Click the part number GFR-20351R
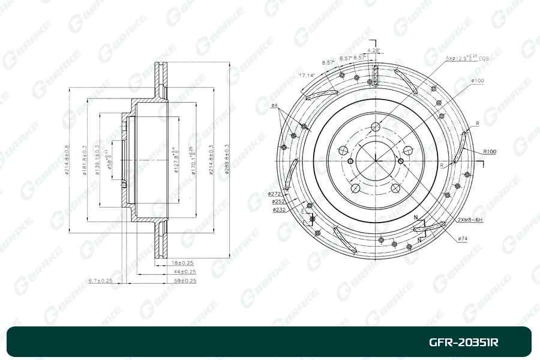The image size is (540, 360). (x=463, y=343)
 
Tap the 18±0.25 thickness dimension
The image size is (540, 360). (x=182, y=263)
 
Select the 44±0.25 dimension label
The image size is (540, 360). (x=182, y=272)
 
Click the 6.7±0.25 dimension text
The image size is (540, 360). (x=100, y=281)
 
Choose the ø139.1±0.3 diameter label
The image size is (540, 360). (x=95, y=160)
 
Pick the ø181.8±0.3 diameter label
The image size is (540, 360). (x=83, y=160)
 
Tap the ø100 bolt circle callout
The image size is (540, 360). (x=478, y=81)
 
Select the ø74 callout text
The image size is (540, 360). (x=462, y=239)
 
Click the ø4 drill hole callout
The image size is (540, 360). (x=274, y=106)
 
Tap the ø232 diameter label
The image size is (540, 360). (x=278, y=210)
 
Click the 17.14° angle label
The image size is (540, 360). (x=307, y=76)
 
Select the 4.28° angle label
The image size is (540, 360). (x=374, y=50)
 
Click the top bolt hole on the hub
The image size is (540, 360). (x=376, y=127)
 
